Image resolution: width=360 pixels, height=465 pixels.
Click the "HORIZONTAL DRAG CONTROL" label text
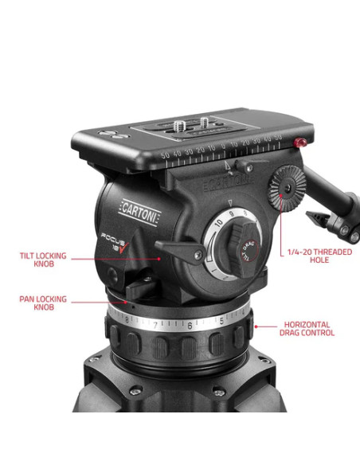point(308,328)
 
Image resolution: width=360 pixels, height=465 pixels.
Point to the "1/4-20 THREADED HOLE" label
point(310,256)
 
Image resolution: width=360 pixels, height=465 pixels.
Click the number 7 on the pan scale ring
point(155,325)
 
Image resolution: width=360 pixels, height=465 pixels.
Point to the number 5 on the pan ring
point(221,322)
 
